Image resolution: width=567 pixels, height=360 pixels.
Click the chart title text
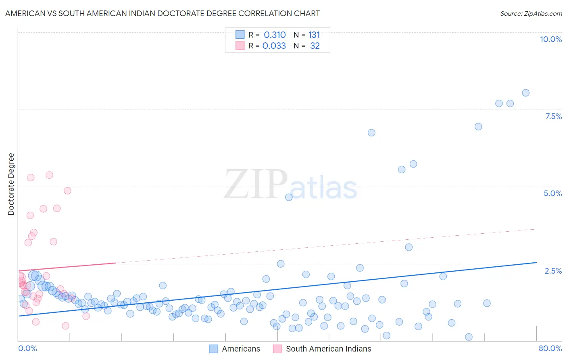pos(163,13)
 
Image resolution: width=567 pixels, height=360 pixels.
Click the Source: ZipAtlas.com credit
pos(531,13)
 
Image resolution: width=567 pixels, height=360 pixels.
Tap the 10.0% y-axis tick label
pos(550,39)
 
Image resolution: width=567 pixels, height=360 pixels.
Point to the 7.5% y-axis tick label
pos(553,116)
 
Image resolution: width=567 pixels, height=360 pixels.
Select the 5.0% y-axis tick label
pos(552,193)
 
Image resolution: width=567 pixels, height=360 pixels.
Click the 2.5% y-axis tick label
pos(553,271)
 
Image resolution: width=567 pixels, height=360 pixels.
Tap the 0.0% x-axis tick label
pos(27,348)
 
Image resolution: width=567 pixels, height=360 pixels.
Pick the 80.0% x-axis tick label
pos(550,348)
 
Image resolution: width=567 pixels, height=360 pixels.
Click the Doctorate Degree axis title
pos(11,184)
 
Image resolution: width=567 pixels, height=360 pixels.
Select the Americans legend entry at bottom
pos(235,349)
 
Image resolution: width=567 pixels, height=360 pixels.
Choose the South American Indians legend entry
pos(322,349)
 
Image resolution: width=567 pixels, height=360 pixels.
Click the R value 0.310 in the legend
pos(275,35)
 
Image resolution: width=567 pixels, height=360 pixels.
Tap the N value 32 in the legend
pos(315,46)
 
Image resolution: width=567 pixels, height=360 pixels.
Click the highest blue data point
pos(525,93)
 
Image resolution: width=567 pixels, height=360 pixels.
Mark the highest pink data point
pos(49,175)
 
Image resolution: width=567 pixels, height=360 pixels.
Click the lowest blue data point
pos(469,337)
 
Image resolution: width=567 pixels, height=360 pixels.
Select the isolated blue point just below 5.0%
pos(289,197)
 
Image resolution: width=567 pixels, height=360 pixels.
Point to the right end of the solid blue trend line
pos(536,262)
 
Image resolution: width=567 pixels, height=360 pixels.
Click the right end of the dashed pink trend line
pos(534,229)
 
